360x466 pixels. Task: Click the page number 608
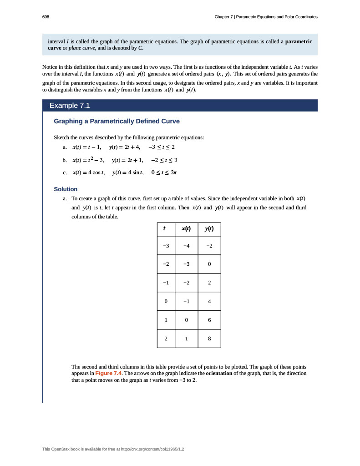[x=46, y=17]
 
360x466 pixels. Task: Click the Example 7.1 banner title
[x=70, y=106]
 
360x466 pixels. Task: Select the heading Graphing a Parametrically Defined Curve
[x=117, y=122]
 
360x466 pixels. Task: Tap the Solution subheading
[x=66, y=189]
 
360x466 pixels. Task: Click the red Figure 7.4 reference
[x=109, y=373]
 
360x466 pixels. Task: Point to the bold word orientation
[x=222, y=373]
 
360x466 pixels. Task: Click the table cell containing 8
[x=209, y=339]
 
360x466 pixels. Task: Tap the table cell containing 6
[x=209, y=320]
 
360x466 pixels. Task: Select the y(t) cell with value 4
[x=209, y=301]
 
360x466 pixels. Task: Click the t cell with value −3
[x=166, y=246]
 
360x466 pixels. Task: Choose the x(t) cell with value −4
[x=186, y=246]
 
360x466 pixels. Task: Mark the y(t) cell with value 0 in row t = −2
[x=209, y=264]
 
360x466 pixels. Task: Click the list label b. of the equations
[x=65, y=160]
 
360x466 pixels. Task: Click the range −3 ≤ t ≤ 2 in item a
[x=159, y=147]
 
